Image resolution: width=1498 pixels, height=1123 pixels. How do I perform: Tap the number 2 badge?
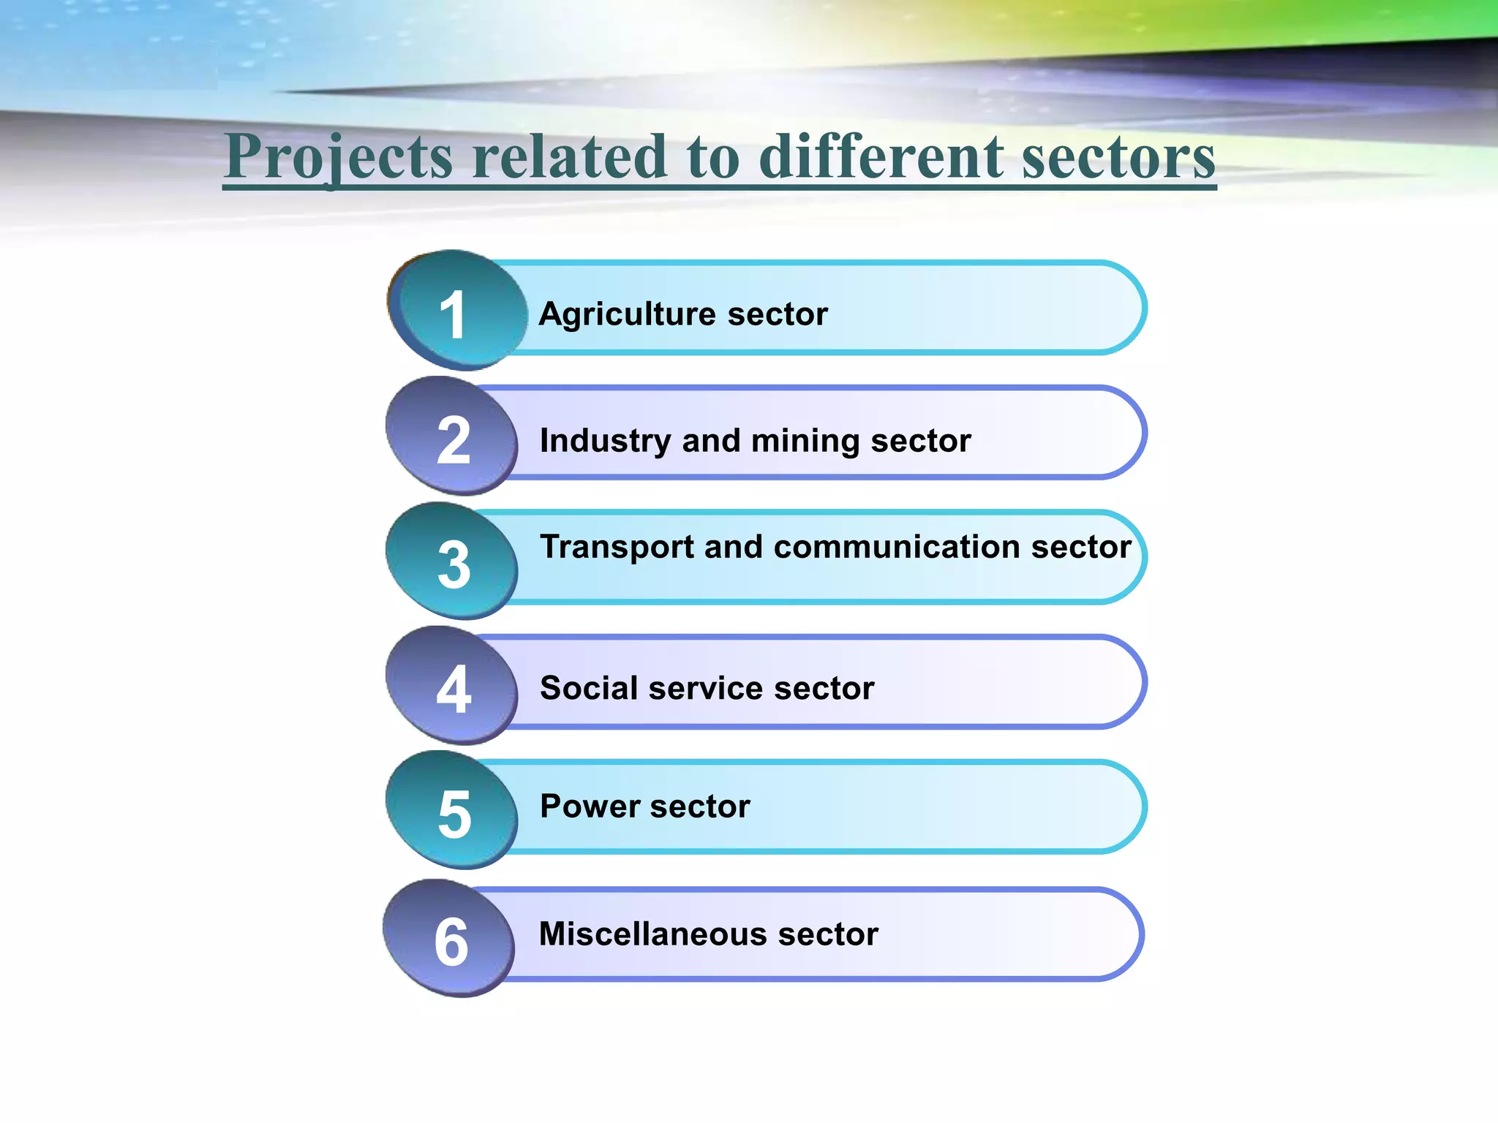453,439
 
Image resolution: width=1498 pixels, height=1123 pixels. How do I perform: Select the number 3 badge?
453,564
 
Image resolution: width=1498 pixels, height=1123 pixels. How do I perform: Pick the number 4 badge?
453,688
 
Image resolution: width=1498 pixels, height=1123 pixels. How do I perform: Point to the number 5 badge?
453,813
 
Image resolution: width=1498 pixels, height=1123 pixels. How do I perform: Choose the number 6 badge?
450,940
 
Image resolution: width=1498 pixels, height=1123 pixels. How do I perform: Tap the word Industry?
604,441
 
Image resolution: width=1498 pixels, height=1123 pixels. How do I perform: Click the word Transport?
617,548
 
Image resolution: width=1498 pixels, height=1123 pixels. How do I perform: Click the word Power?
590,806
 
